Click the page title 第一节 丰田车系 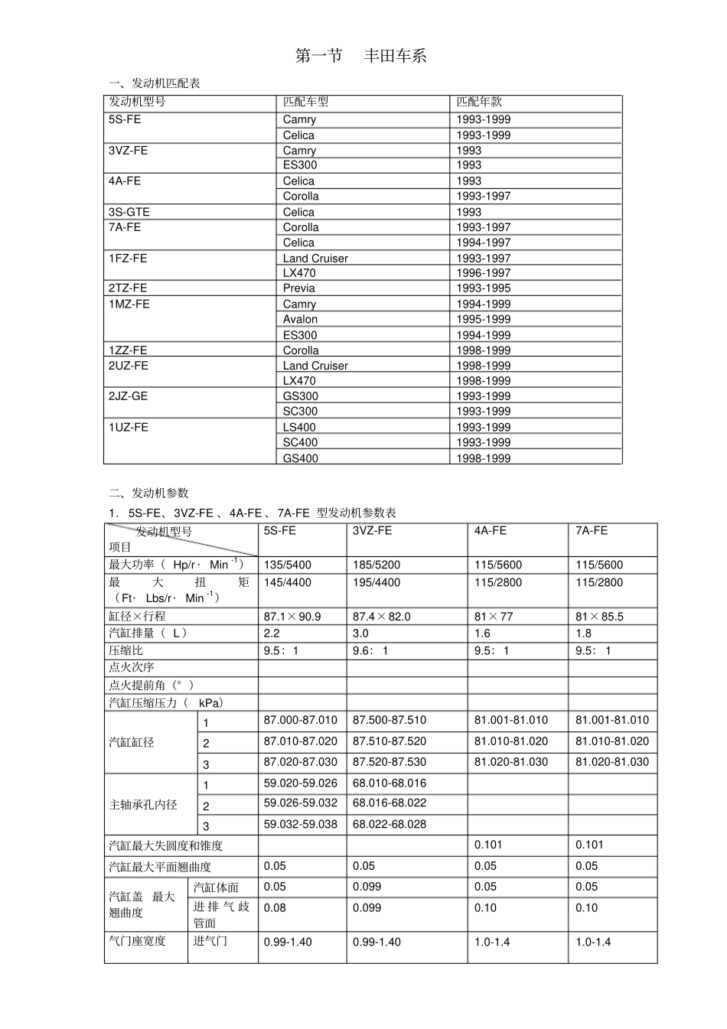click(360, 56)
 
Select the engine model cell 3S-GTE click(129, 212)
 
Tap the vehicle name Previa click(298, 288)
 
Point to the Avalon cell click(300, 319)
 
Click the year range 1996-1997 click(483, 273)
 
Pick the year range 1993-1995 click(483, 288)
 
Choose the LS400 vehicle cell click(299, 427)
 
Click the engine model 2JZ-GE click(128, 396)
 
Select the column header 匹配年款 click(479, 102)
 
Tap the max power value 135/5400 click(288, 565)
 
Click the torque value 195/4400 click(376, 583)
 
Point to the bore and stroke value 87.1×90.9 click(292, 617)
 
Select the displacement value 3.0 click(360, 633)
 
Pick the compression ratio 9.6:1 click(370, 651)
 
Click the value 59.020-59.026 click(300, 783)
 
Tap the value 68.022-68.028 click(389, 825)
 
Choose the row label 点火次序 click(132, 668)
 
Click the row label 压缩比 click(126, 651)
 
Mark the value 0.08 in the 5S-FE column click(275, 908)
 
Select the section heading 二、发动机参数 click(148, 493)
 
